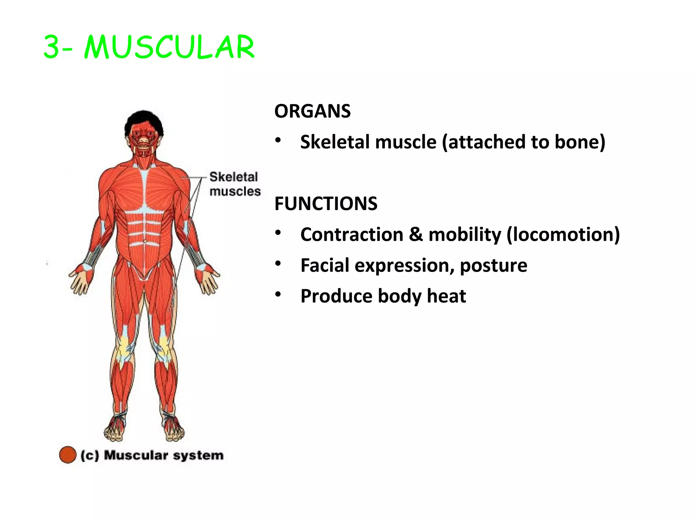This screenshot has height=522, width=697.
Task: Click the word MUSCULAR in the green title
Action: pos(169,47)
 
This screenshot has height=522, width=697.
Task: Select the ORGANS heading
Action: pos(312,111)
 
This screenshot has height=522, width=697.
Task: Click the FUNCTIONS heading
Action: pos(326,204)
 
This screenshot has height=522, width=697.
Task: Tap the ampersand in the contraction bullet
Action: pos(416,234)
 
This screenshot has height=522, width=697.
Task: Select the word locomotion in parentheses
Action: pos(563,234)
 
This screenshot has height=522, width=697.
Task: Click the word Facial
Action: pos(325,265)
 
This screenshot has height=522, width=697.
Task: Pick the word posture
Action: pos(493,265)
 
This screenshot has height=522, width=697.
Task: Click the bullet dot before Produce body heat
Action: pos(278,294)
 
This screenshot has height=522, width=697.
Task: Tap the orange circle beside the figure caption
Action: pos(67,455)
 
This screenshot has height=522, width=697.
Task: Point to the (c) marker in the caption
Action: pos(90,455)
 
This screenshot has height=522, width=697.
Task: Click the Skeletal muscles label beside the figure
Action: pos(234,184)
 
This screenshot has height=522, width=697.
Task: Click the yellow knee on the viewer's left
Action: pos(124,348)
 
